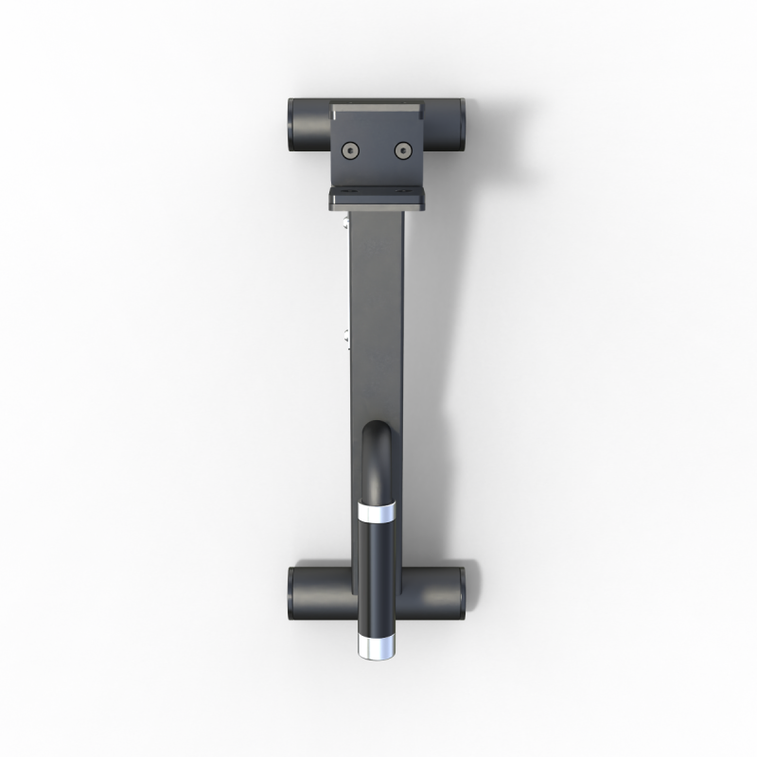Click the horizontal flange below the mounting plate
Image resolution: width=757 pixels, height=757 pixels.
pyautogui.click(x=378, y=198)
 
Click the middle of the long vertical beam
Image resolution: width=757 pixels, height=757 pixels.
pyautogui.click(x=378, y=322)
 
